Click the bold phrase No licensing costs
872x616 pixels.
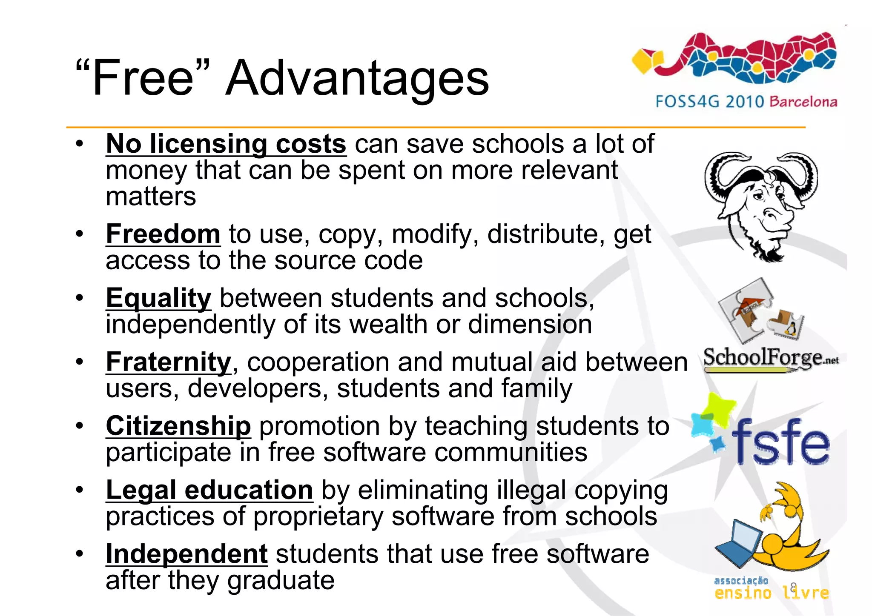226,144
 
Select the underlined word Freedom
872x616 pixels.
163,234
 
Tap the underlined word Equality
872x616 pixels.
158,298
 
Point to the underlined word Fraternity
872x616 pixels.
169,362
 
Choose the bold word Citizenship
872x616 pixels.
178,426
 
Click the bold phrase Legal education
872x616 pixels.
209,490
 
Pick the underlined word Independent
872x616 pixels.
186,554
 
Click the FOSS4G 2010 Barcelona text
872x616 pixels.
746,102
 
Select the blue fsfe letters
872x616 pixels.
780,442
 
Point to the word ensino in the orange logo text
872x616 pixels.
743,593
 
